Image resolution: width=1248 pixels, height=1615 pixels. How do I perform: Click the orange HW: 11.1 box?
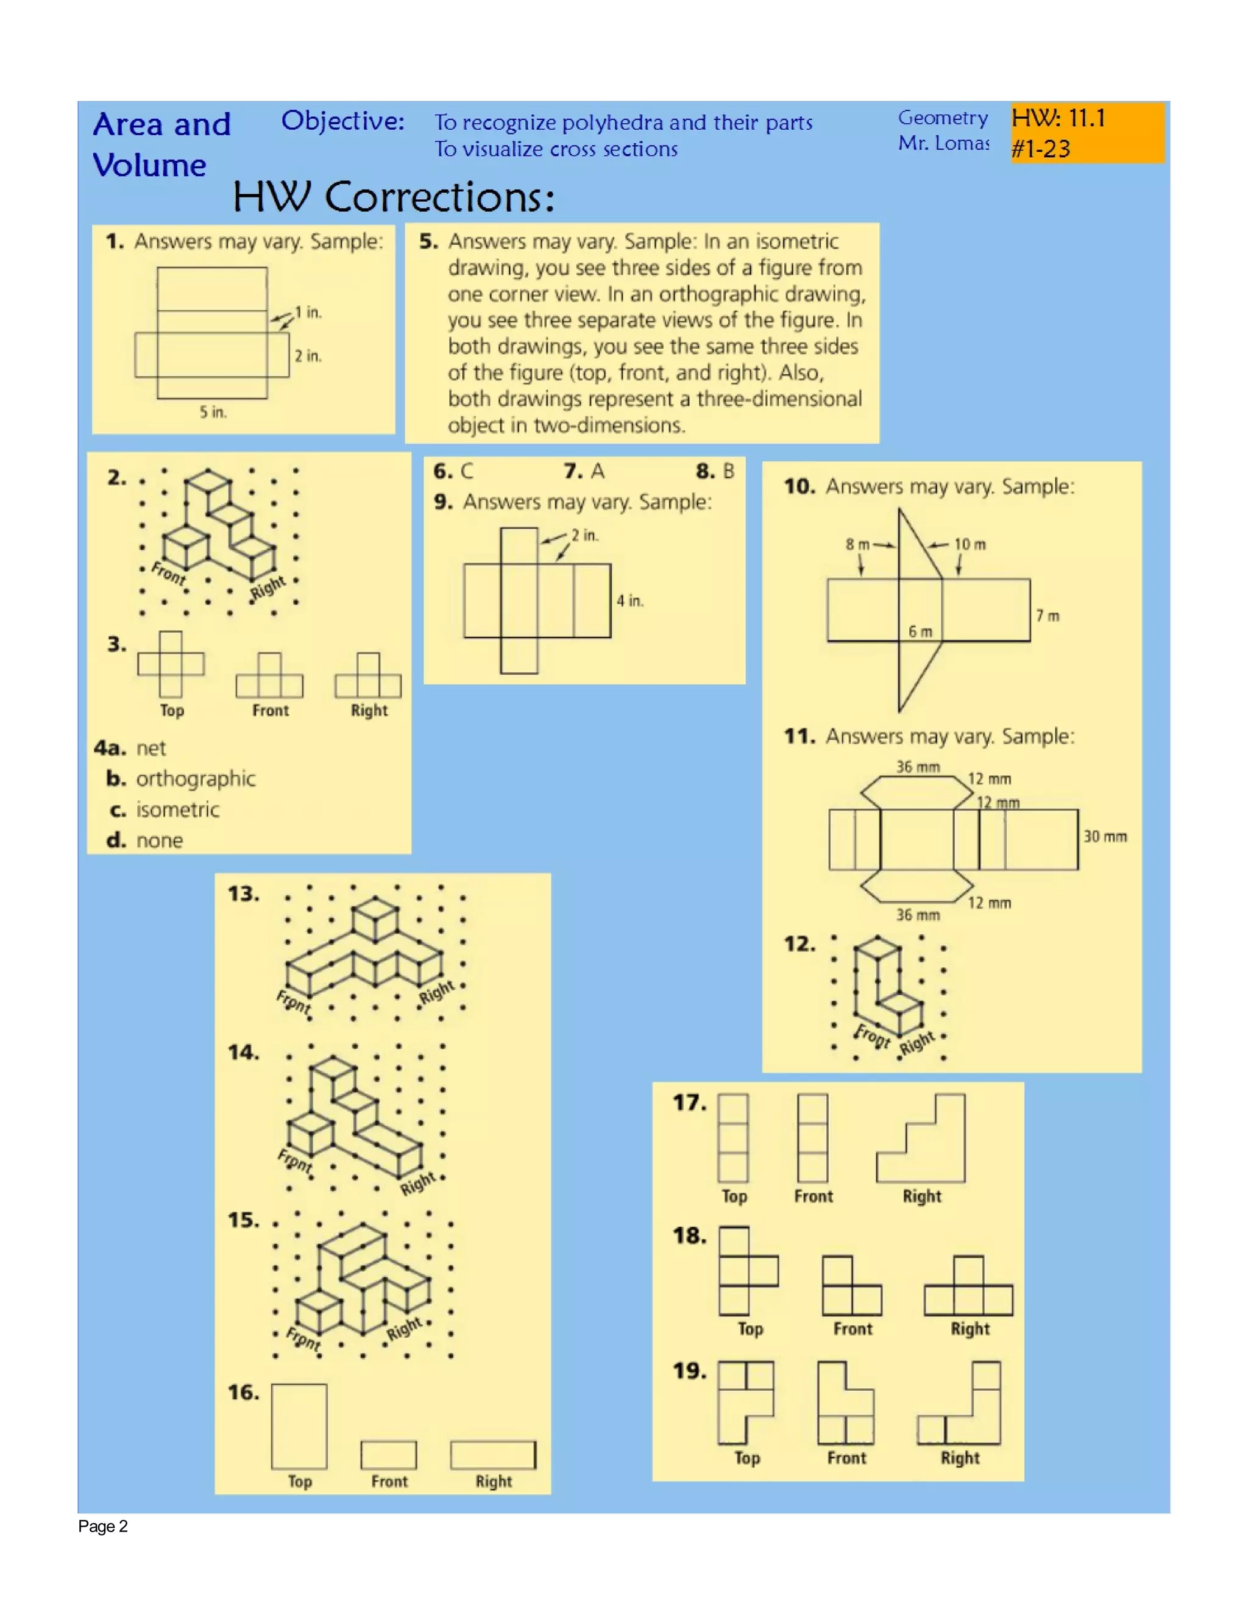[1087, 132]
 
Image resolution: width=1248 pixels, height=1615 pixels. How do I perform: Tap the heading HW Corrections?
[393, 197]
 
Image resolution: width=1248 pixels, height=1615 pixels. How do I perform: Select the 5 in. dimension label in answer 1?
[213, 413]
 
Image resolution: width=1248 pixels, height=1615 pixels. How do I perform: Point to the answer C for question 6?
[467, 471]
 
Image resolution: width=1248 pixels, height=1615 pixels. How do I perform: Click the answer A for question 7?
[597, 471]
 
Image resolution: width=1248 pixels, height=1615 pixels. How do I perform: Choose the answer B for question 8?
[728, 471]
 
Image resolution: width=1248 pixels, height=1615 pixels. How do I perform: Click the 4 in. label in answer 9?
[630, 600]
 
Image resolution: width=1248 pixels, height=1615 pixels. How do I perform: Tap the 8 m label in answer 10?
[857, 544]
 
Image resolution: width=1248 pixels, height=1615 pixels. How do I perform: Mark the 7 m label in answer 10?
[1047, 616]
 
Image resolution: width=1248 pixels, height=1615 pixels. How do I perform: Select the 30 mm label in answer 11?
[1105, 836]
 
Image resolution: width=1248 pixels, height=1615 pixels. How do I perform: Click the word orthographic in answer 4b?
[196, 779]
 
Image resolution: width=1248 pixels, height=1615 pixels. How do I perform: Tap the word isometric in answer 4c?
[177, 810]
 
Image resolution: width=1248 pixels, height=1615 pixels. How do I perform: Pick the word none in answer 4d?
[159, 841]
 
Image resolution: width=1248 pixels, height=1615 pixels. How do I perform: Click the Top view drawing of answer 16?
[299, 1427]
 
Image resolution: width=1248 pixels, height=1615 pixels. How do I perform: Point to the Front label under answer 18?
[853, 1329]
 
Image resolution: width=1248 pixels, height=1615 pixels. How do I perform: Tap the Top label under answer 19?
[746, 1458]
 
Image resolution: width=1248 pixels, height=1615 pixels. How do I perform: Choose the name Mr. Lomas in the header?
[943, 143]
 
